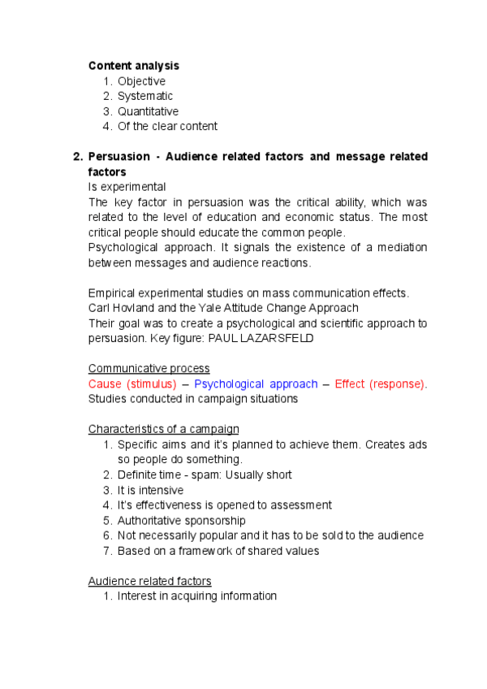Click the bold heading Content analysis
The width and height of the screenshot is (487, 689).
(133, 66)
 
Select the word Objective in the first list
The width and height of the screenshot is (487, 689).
(141, 81)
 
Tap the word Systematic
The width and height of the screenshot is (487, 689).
(145, 96)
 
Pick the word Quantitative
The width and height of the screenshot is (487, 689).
(148, 111)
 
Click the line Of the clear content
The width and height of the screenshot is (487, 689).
(167, 126)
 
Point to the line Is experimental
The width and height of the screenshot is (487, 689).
(127, 187)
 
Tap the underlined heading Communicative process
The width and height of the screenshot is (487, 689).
(149, 368)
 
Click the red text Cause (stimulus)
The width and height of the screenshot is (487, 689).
(132, 383)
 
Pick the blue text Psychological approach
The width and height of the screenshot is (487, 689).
(256, 383)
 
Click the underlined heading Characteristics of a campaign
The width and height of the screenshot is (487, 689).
(163, 429)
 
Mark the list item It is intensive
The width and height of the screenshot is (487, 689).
(150, 490)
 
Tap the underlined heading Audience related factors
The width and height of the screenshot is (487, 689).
(149, 581)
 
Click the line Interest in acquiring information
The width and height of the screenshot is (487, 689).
(196, 596)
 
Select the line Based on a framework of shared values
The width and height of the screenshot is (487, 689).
(218, 551)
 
